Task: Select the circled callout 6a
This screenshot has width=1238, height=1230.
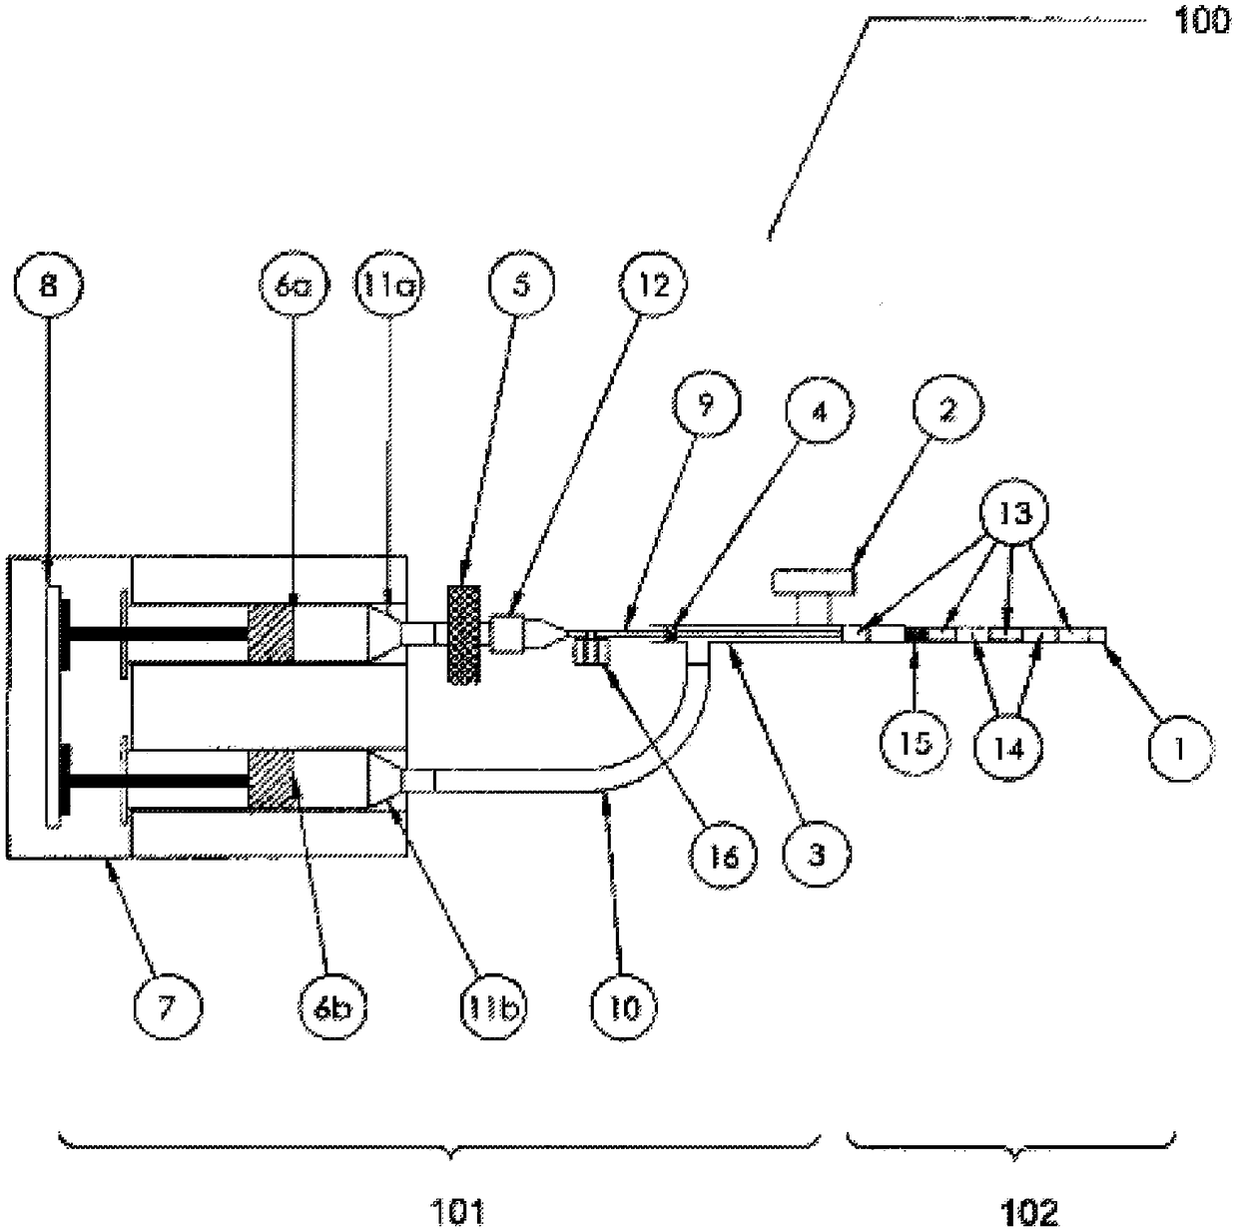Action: pyautogui.click(x=291, y=287)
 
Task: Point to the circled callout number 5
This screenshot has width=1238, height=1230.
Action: pyautogui.click(x=522, y=287)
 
